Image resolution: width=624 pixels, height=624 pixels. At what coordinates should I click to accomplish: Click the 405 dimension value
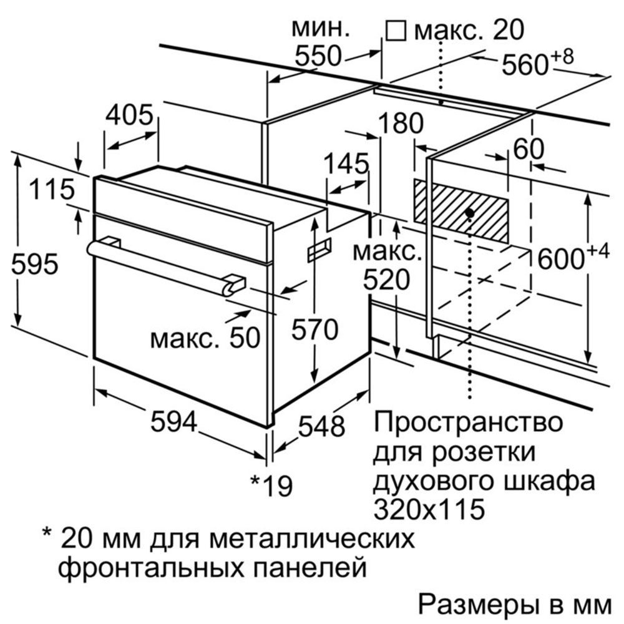point(129,115)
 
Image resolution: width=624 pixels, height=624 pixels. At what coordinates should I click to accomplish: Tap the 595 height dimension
point(35,263)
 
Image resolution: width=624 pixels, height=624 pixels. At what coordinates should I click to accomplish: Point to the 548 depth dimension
point(321,426)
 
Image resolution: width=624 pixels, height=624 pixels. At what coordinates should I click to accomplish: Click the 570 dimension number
point(314,330)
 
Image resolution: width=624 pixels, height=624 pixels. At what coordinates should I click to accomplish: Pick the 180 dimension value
point(401,123)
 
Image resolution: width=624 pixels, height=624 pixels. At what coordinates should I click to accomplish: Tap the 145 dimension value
point(346,163)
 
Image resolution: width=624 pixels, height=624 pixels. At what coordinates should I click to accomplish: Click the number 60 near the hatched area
point(528,149)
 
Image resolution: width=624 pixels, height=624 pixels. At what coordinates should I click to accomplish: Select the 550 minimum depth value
point(318,56)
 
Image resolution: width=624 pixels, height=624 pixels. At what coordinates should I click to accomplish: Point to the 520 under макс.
point(386,280)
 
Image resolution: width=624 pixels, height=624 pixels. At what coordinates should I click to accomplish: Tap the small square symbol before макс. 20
point(396,31)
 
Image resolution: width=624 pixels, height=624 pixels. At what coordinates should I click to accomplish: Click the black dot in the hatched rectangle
point(470,213)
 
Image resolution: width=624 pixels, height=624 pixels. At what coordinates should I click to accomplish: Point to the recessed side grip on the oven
point(319,250)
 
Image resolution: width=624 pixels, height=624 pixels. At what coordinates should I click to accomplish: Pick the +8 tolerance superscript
point(562,57)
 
